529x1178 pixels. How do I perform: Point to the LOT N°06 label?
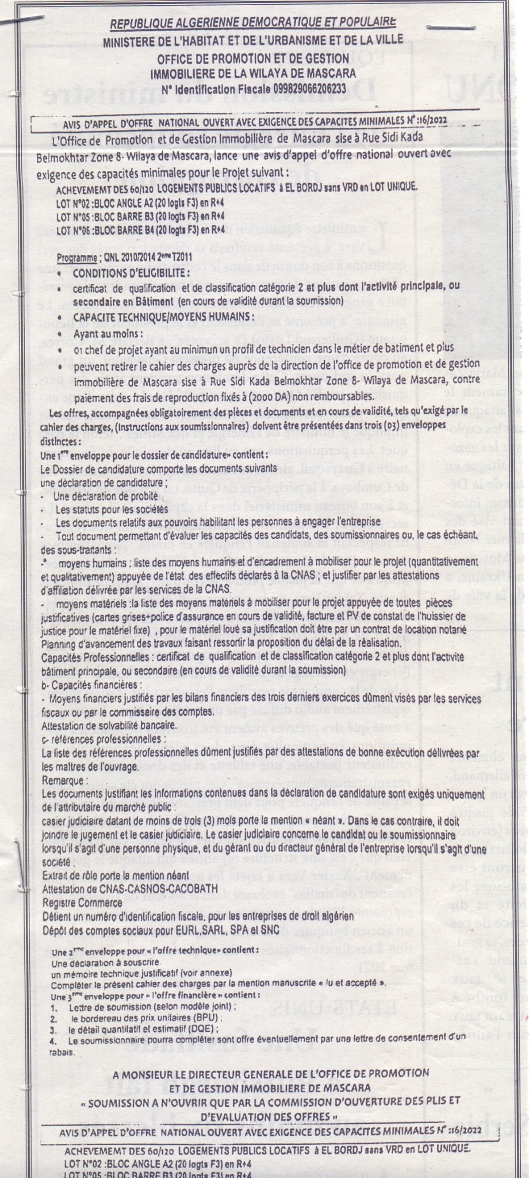tap(77, 230)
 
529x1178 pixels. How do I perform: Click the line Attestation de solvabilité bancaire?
tap(109, 723)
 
